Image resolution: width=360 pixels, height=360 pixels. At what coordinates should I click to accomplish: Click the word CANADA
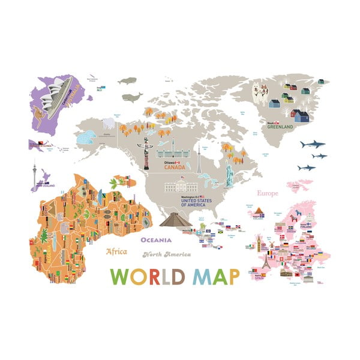[x=174, y=168]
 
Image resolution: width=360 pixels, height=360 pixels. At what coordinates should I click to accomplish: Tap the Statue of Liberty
[x=229, y=173]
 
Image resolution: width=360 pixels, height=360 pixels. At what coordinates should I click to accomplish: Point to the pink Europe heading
[x=268, y=194]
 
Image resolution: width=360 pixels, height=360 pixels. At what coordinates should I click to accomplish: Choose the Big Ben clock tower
[x=259, y=243]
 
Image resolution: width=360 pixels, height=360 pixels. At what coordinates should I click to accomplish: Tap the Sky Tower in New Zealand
[x=34, y=175]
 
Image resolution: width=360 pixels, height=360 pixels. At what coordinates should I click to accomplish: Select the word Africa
[x=116, y=251]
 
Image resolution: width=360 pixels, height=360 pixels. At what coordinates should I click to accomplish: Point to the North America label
[x=166, y=254]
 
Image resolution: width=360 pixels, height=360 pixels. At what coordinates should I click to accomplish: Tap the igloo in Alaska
[x=85, y=137]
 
